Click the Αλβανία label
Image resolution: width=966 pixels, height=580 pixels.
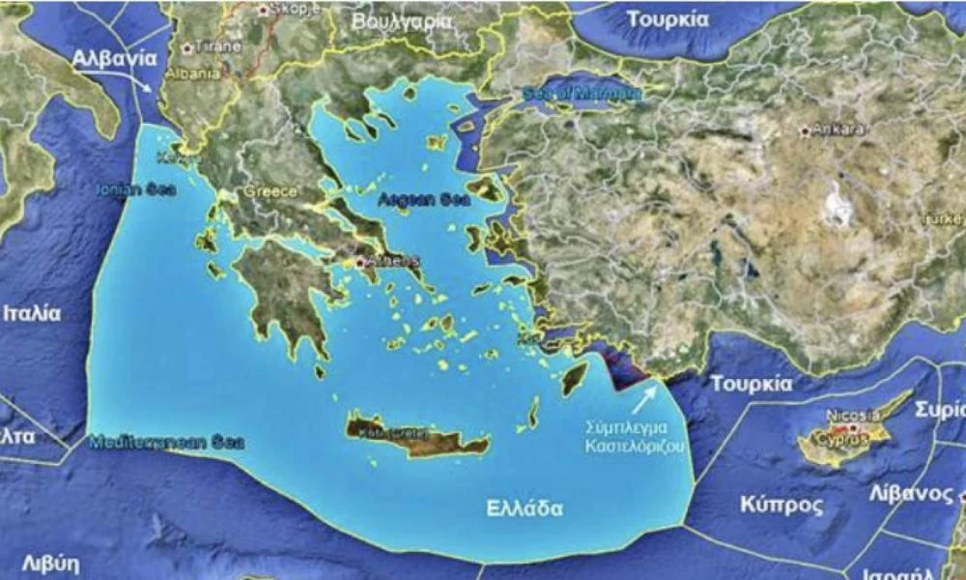coord(114,58)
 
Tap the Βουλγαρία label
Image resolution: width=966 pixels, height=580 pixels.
coord(402,19)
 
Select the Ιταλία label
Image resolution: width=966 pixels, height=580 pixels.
coord(32,313)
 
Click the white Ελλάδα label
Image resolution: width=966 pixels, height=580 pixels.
coord(525,507)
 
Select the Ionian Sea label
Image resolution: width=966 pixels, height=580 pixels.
coord(135,189)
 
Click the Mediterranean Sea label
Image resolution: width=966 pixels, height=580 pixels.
coord(166,444)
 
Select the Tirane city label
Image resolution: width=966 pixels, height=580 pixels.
coord(214,45)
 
